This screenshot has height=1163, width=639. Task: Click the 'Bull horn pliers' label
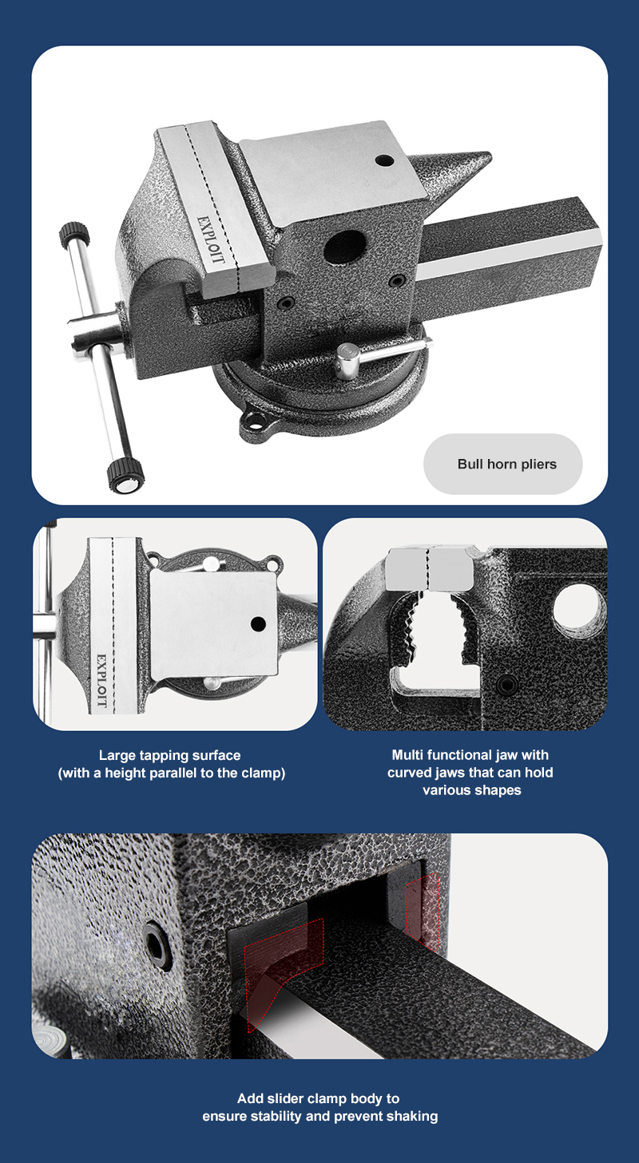(x=506, y=464)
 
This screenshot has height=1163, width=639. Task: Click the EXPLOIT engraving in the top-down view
(x=101, y=680)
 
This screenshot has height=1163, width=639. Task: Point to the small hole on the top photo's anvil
(x=384, y=160)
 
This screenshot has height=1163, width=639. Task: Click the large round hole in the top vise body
(x=344, y=247)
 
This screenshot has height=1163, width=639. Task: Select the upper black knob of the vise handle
(x=74, y=235)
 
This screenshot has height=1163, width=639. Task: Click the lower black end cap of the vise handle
(x=125, y=476)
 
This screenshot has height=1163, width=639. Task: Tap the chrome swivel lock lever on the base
(x=383, y=354)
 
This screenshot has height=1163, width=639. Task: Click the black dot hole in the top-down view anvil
(x=258, y=623)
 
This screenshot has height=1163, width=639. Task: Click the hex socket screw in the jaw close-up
(x=506, y=685)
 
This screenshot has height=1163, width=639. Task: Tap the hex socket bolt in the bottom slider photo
(x=157, y=947)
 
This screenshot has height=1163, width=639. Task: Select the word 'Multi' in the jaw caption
(x=407, y=754)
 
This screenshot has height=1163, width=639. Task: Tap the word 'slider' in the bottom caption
(x=287, y=1098)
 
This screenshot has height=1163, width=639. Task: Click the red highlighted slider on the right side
(x=422, y=911)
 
